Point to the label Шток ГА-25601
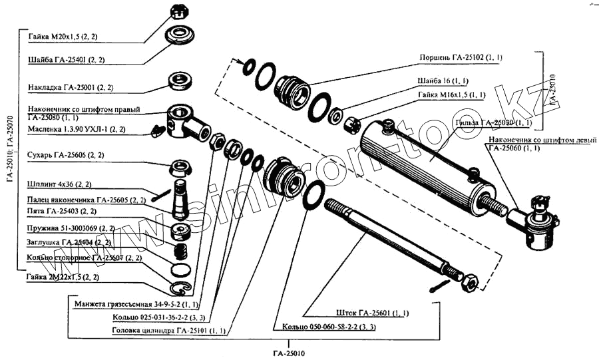tap(372, 313)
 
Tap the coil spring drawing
tap(180, 252)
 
